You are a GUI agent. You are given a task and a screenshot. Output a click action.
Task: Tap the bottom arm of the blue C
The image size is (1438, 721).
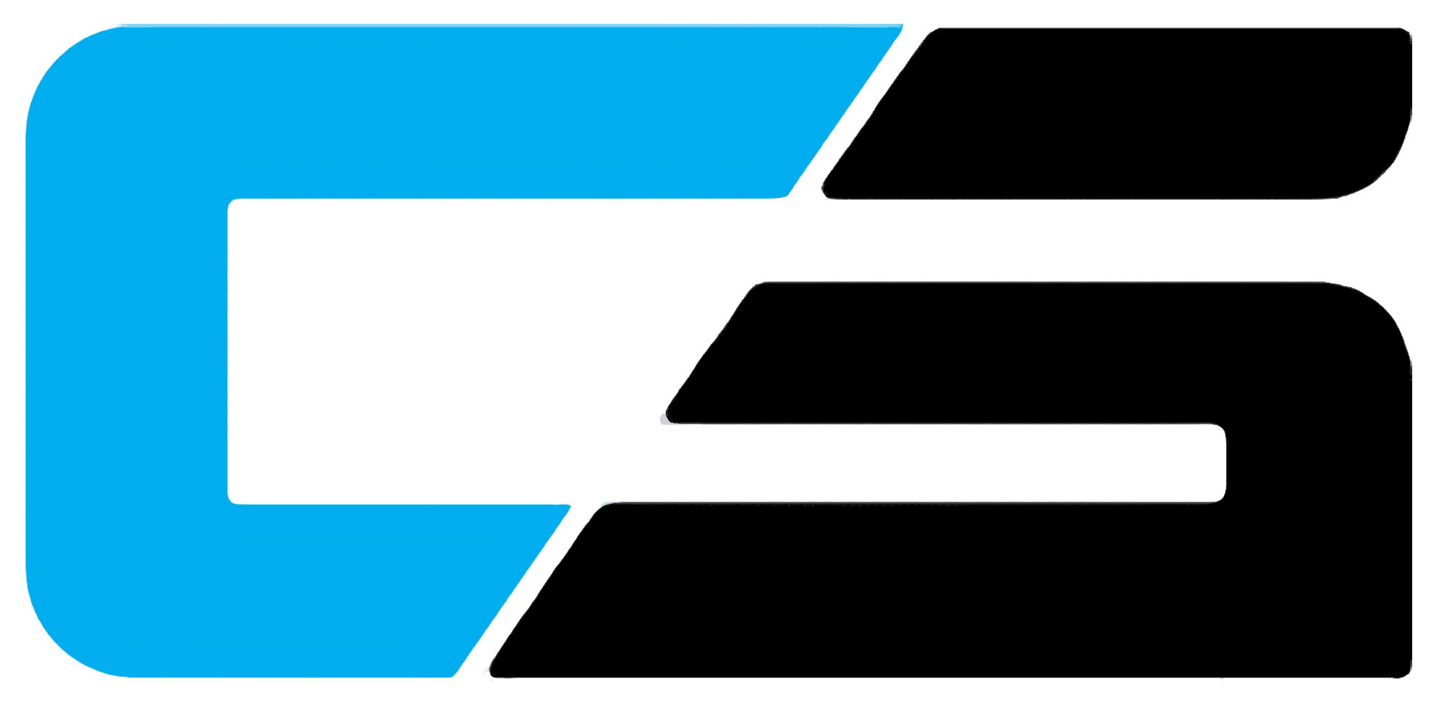(324, 590)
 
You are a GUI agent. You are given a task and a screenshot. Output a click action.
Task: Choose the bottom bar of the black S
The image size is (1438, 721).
(935, 590)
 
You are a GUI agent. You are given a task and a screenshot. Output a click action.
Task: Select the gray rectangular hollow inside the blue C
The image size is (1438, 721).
(431, 353)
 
